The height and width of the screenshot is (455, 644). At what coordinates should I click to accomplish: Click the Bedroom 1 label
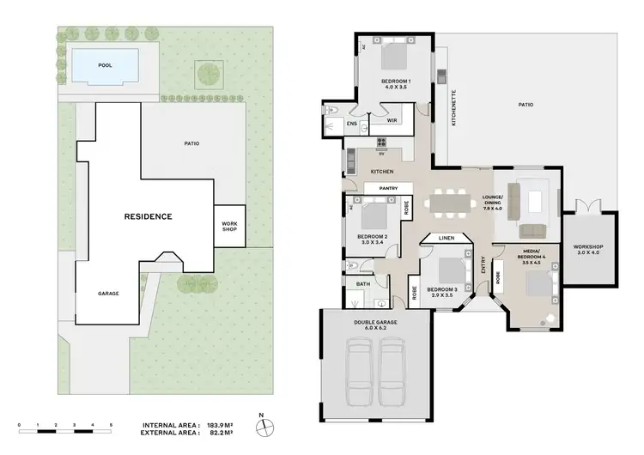pyautogui.click(x=396, y=84)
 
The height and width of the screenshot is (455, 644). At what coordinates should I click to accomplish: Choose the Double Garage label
pyautogui.click(x=374, y=324)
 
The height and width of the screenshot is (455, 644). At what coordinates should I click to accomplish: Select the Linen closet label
pyautogui.click(x=446, y=238)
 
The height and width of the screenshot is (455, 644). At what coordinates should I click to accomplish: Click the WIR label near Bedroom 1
pyautogui.click(x=392, y=121)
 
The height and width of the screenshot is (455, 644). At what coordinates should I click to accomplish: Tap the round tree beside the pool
pyautogui.click(x=207, y=73)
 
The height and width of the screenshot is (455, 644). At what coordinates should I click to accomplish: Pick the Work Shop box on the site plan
pyautogui.click(x=229, y=226)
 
